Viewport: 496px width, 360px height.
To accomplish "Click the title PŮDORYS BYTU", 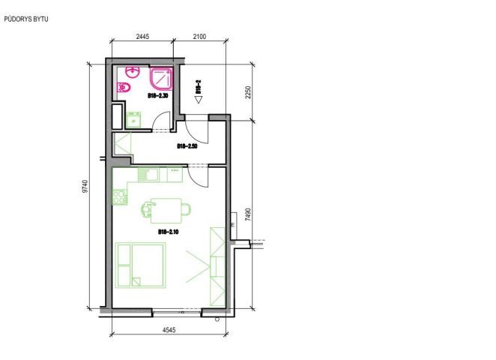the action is click(26, 19).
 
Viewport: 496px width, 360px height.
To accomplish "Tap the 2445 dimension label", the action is click(142, 37).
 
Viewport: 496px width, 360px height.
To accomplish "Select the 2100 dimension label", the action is click(199, 37).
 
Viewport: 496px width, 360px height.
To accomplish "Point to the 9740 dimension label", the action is click(85, 187).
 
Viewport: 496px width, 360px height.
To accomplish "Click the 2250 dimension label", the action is click(248, 92).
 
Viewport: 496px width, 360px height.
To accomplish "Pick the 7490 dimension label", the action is click(248, 214).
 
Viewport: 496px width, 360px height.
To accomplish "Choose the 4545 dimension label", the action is click(169, 330).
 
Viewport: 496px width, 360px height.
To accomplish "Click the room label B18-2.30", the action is click(158, 95).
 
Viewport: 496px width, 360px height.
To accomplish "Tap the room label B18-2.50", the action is click(187, 146).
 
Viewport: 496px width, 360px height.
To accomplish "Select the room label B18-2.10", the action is click(169, 232).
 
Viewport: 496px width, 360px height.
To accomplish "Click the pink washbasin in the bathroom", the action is click(133, 72).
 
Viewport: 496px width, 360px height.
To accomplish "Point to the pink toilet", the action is click(124, 87).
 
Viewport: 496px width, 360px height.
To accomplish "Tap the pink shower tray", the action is click(161, 79).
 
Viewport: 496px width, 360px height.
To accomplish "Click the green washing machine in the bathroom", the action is click(133, 120).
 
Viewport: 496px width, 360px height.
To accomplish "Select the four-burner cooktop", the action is click(120, 196).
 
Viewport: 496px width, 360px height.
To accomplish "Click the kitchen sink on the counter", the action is click(148, 175).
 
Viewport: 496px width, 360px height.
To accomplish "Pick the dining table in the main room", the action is click(166, 211).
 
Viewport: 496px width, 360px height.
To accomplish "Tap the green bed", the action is click(140, 265).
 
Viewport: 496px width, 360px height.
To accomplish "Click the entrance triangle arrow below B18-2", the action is click(199, 100).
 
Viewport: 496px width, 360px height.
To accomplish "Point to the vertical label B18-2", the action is click(199, 86).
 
